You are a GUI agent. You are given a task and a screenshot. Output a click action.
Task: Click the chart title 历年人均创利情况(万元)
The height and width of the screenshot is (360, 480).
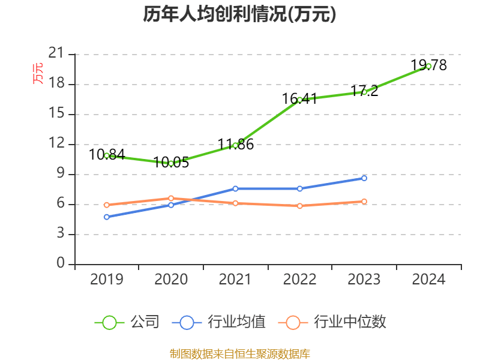pos(239,14)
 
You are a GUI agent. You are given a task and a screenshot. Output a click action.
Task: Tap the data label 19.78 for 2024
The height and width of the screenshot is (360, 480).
pos(428,65)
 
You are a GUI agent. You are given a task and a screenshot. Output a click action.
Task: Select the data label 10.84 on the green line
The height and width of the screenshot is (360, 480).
pos(107,154)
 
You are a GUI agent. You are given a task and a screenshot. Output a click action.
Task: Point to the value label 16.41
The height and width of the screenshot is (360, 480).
pos(299,98)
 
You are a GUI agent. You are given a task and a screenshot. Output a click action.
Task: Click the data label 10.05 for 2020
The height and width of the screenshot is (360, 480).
pos(172,162)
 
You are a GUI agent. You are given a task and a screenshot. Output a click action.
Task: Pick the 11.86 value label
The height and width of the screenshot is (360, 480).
pos(235,144)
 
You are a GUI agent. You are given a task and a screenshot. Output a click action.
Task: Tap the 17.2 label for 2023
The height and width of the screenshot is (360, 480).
pos(364,91)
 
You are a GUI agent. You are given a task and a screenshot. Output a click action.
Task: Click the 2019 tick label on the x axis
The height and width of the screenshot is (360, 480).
pos(107,279)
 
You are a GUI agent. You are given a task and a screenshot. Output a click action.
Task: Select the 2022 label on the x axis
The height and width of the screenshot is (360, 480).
pos(299,279)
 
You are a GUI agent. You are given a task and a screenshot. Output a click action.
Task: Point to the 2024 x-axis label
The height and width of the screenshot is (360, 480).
pos(428,279)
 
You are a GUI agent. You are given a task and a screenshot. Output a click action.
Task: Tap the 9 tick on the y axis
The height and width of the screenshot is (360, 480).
pos(61,174)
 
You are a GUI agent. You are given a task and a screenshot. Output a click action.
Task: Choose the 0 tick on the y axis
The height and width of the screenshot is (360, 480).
pos(61,264)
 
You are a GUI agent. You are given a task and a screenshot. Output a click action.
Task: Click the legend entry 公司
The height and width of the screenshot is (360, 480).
pos(127,322)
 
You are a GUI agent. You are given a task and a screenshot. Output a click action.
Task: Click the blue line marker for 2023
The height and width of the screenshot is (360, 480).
pos(364,178)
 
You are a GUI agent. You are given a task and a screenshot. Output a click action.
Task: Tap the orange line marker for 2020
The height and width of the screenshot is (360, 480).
pos(171,198)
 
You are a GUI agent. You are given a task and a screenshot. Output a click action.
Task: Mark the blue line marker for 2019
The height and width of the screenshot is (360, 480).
pos(107,217)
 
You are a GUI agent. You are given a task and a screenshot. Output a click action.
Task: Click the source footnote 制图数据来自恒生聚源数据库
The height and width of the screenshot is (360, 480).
pos(239,353)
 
